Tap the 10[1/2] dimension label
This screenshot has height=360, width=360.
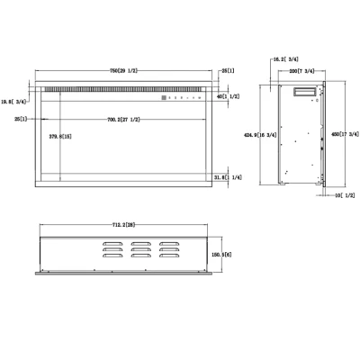point(344,194)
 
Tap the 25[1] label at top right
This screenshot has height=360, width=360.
point(229,70)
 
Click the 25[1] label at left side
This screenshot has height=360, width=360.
point(22,118)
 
